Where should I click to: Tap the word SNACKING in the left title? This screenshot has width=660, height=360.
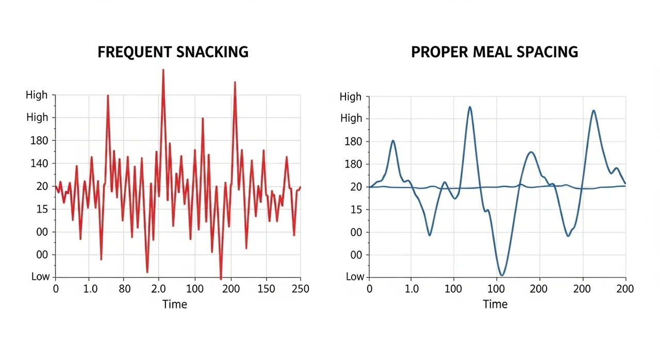[x=212, y=52]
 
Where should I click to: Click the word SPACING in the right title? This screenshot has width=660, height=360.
[x=548, y=52]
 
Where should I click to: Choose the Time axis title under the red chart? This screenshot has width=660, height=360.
[x=174, y=304]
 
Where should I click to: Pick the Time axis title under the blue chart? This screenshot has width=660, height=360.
[x=495, y=304]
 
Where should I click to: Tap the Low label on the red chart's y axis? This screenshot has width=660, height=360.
[x=40, y=276]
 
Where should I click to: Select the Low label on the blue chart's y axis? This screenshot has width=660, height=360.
[x=355, y=276]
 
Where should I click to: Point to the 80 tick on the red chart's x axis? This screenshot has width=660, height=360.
[x=125, y=289]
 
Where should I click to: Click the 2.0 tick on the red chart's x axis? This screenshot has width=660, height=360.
[x=158, y=289]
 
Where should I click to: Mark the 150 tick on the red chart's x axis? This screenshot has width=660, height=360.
[x=266, y=289]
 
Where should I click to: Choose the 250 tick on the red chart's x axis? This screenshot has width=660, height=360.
[x=300, y=289]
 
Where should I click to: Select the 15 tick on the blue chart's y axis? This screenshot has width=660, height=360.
[x=356, y=209]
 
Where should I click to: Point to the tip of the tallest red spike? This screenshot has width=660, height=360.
[x=163, y=69]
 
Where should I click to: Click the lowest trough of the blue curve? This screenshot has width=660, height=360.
[x=501, y=275]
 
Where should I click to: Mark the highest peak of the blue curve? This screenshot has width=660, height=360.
[x=470, y=107]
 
